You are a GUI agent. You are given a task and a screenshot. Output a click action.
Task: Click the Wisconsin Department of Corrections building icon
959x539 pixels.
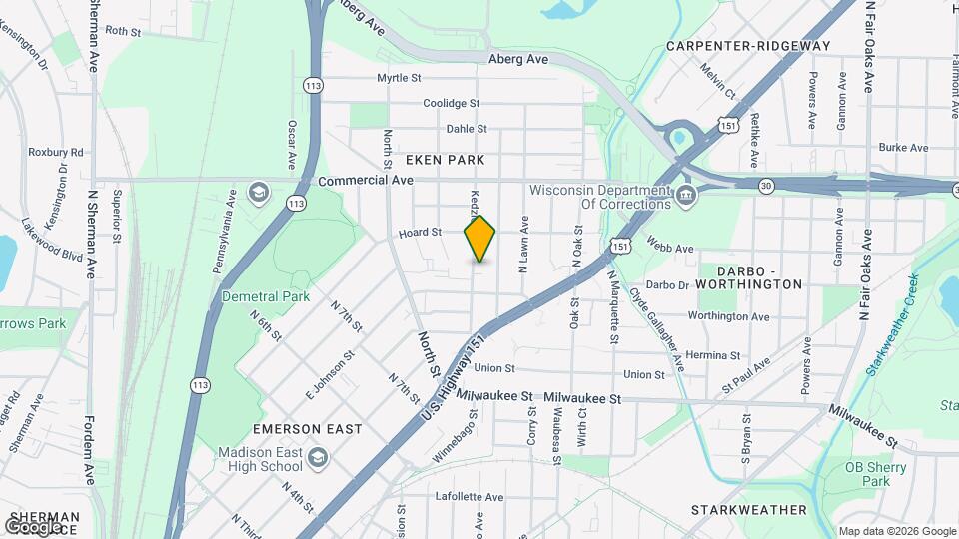click(685, 194)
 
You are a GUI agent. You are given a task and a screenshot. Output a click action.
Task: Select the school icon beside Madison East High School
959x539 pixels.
click(318, 458)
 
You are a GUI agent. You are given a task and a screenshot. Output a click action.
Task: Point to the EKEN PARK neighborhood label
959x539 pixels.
click(445, 160)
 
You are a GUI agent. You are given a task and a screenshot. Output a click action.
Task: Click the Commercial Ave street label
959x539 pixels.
click(366, 181)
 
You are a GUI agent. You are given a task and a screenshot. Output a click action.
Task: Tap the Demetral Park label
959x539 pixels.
click(266, 296)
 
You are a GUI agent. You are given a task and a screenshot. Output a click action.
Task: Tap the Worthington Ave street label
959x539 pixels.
click(728, 316)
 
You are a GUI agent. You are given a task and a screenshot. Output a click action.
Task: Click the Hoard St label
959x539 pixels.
click(420, 233)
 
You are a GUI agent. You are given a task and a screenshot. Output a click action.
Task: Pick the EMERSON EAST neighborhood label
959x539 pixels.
click(307, 429)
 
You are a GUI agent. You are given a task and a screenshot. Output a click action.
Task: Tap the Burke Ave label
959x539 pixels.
click(903, 147)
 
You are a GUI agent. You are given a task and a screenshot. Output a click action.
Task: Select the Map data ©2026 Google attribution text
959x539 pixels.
click(896, 531)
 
